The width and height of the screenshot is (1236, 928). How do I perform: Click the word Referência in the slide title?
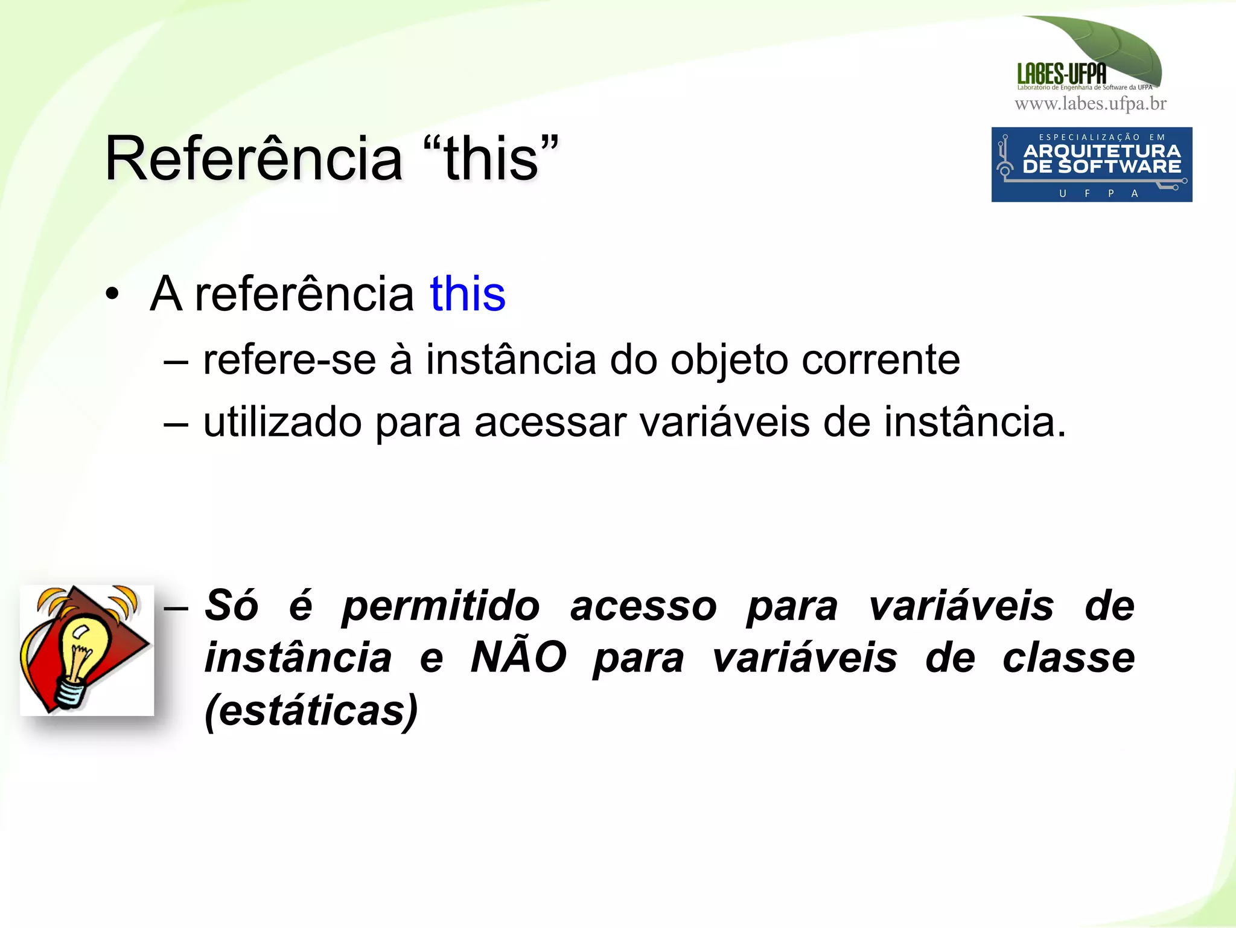(x=253, y=158)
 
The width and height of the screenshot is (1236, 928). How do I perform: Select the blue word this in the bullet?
(x=467, y=294)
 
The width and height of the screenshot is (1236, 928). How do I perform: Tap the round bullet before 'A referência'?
(x=112, y=295)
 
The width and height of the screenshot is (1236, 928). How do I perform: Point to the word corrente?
(x=881, y=360)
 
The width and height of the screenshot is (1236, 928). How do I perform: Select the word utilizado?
(x=282, y=422)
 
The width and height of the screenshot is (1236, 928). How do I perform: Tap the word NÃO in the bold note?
(x=518, y=657)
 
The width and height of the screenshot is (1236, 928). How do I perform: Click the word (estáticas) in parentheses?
(x=311, y=710)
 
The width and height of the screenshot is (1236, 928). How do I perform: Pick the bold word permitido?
(x=441, y=606)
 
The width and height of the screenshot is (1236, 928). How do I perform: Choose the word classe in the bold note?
(x=1068, y=658)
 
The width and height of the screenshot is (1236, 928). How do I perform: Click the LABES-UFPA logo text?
(x=1062, y=74)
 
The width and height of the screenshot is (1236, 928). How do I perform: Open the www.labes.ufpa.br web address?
(x=1091, y=104)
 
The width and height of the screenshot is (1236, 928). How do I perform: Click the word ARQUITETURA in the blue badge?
(x=1102, y=151)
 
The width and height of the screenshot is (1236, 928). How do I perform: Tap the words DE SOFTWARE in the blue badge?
(x=1102, y=167)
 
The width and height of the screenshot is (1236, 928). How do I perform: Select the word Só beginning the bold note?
(x=232, y=606)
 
